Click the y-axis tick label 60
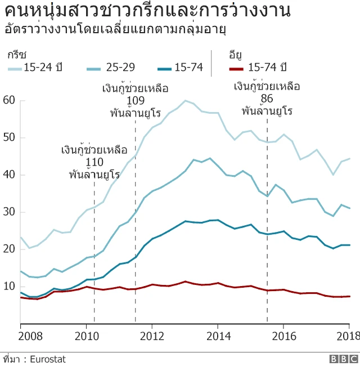point(10,100)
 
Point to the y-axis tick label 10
point(10,287)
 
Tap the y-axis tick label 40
point(10,175)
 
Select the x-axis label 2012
point(152,337)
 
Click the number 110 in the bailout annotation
point(94,162)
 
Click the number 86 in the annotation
point(267,99)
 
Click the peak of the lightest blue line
point(185,101)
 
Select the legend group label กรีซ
point(16,55)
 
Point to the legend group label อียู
point(235,55)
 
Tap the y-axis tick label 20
point(10,249)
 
